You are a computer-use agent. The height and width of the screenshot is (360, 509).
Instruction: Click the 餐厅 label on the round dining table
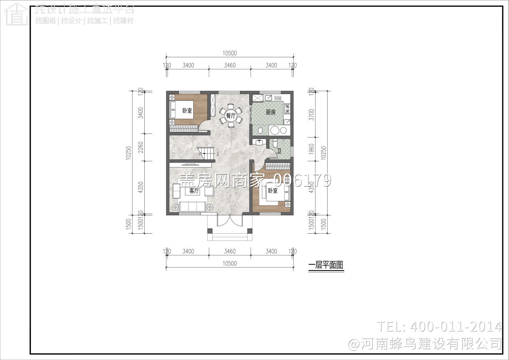pyautogui.click(x=231, y=116)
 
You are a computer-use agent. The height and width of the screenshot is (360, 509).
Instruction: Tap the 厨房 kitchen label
pyautogui.click(x=271, y=112)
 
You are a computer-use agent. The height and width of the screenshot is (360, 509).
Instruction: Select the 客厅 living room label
pyautogui.click(x=194, y=191)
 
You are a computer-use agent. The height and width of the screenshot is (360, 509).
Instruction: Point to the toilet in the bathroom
pyautogui.click(x=275, y=143)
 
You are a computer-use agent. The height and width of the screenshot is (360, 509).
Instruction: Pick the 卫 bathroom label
pyautogui.click(x=279, y=151)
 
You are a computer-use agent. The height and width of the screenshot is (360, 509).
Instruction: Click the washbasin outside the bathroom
pyautogui.click(x=260, y=142)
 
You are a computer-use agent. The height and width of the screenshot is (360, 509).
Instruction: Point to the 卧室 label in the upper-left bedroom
pyautogui.click(x=187, y=111)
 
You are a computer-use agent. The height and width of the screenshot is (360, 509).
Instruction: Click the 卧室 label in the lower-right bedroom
pyautogui.click(x=273, y=191)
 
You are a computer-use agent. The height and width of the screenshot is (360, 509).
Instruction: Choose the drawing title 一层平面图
pyautogui.click(x=326, y=265)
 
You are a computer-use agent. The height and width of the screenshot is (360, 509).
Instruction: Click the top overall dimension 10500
pyautogui.click(x=230, y=53)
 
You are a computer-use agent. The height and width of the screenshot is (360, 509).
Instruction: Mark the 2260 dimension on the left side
pyautogui.click(x=141, y=147)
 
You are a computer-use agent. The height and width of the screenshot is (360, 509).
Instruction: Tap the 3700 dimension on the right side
pyautogui.click(x=311, y=114)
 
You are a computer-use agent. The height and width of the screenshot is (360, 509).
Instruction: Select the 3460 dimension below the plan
pyautogui.click(x=230, y=251)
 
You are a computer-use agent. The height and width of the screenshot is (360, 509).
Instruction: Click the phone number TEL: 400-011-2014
pyautogui.click(x=439, y=327)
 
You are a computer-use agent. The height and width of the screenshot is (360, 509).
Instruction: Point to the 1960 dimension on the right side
pyautogui.click(x=311, y=149)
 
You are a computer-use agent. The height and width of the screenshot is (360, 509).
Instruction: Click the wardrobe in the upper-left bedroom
pyautogui.click(x=184, y=129)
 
